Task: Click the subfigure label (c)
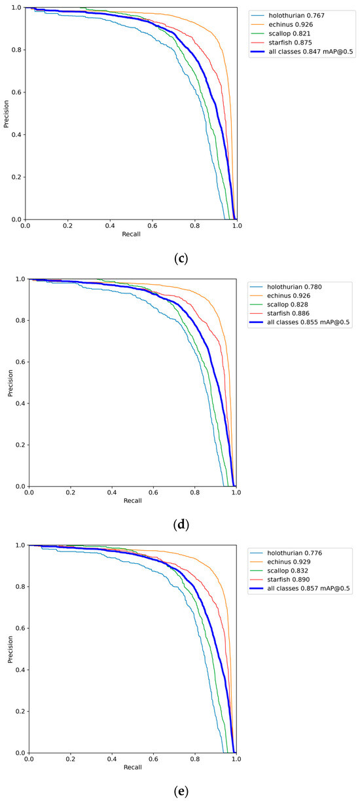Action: pyautogui.click(x=182, y=258)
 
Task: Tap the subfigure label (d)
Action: pyautogui.click(x=182, y=525)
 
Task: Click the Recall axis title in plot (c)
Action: pyautogui.click(x=131, y=234)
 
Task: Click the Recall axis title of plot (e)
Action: pyautogui.click(x=132, y=767)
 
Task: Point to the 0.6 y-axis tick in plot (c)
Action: pyautogui.click(x=15, y=92)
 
